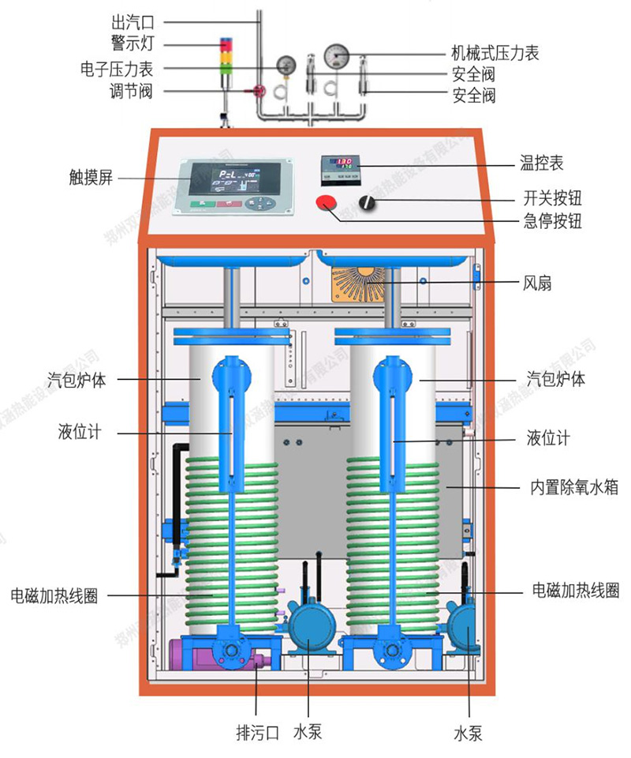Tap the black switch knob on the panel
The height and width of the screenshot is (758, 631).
[367, 203]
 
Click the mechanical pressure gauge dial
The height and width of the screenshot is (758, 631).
[338, 54]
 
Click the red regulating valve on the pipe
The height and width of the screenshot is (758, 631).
[257, 92]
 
